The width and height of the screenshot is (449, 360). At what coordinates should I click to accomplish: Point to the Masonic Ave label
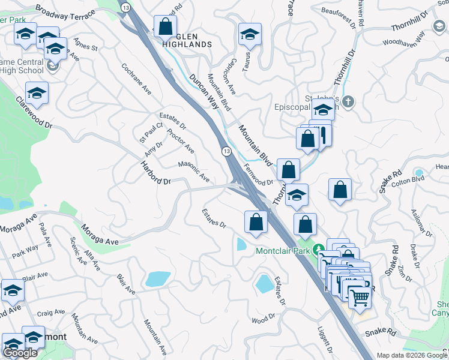point(193,172)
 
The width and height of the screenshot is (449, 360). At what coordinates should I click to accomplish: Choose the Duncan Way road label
point(203,90)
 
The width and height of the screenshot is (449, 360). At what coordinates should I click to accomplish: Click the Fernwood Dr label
point(259,175)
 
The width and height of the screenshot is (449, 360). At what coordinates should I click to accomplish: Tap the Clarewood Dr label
point(34,112)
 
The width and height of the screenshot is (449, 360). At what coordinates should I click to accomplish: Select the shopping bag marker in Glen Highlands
point(165,26)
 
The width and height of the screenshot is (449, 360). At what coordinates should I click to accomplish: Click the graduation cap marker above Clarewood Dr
point(37,93)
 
